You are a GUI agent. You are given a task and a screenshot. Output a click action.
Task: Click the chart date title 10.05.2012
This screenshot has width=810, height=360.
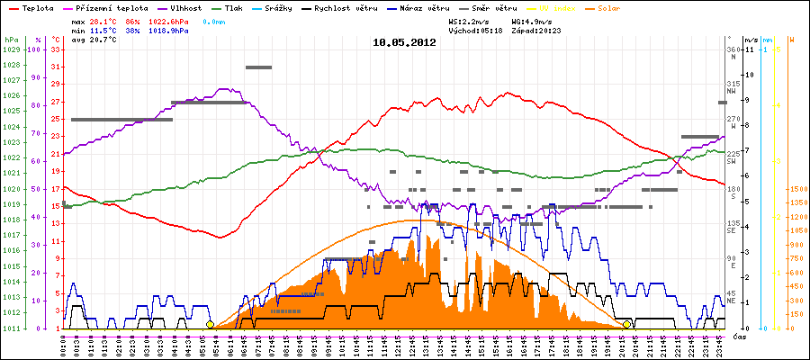tap(404, 42)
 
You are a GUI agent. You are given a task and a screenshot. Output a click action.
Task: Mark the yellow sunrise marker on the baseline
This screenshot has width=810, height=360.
tap(210, 324)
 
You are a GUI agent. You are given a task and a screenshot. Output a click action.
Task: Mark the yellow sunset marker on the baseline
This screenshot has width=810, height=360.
tap(626, 324)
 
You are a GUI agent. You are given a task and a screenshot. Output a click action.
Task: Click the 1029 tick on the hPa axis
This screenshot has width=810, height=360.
tap(12, 49)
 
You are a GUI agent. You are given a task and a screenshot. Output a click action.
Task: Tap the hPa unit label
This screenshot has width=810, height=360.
tap(10, 40)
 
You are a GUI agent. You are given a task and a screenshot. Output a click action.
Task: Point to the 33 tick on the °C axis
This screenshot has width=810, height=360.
tap(56, 49)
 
